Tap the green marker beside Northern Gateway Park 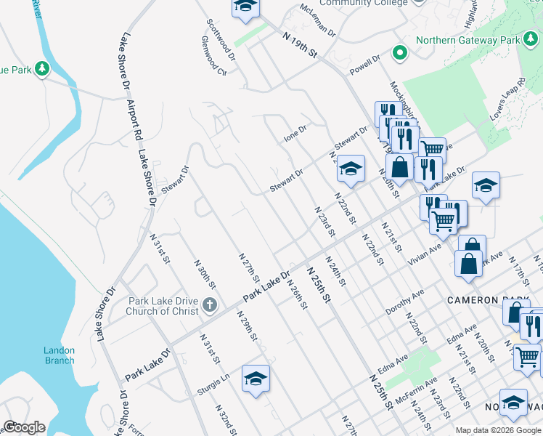pos(399,53)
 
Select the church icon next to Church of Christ pos(210,305)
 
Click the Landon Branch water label pos(59,355)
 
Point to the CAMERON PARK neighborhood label pos(483,300)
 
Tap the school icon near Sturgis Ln pos(256,379)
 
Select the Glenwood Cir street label pos(216,63)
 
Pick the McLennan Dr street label pos(318,21)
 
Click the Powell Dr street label pos(365,61)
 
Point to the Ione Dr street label pos(295,133)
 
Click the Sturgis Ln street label pos(213,384)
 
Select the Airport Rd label pos(136,121)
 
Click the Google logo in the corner pos(24,427)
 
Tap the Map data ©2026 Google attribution pos(498,430)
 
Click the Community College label pos(363,3)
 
